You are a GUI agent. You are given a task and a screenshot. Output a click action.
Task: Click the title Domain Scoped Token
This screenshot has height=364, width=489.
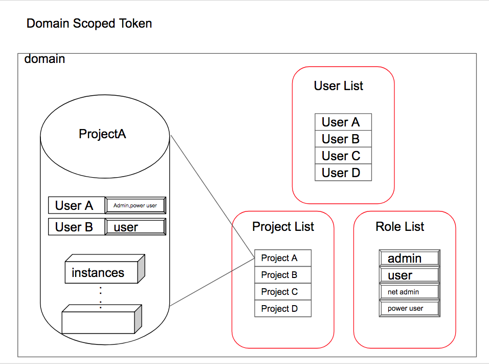89,24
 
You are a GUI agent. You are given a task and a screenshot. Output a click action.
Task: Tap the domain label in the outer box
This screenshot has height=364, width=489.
45,59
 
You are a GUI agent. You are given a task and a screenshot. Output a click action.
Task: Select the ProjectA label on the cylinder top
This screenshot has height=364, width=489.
102,134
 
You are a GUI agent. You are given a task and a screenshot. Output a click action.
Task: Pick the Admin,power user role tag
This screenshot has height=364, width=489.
135,205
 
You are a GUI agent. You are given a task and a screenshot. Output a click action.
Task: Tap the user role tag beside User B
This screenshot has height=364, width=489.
135,227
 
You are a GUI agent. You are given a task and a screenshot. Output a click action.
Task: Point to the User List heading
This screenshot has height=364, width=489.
339,86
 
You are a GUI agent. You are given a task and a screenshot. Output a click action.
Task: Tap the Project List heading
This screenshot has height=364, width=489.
283,227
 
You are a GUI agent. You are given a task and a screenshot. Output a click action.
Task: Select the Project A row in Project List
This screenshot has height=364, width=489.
283,258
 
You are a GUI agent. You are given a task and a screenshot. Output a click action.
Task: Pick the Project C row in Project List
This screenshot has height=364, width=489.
283,292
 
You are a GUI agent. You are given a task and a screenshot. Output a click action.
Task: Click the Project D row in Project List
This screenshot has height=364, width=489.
283,309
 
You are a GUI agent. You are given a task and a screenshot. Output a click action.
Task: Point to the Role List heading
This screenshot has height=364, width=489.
400,227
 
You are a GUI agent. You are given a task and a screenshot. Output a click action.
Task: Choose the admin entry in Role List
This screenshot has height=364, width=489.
409,258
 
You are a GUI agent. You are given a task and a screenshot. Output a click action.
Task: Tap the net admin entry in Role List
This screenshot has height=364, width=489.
409,292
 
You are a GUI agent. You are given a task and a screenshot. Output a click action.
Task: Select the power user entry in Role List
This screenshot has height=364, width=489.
409,309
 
